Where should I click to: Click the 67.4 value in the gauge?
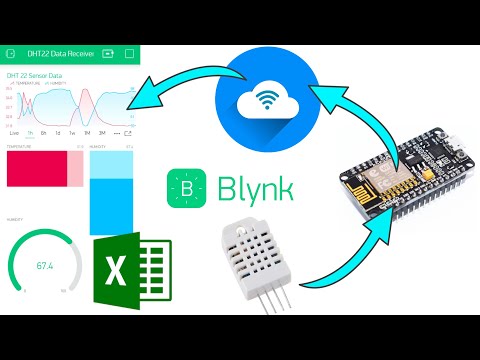click(45, 265)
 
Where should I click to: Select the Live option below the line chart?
click(13, 132)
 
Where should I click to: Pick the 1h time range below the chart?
click(30, 132)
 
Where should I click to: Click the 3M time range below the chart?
click(103, 132)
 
